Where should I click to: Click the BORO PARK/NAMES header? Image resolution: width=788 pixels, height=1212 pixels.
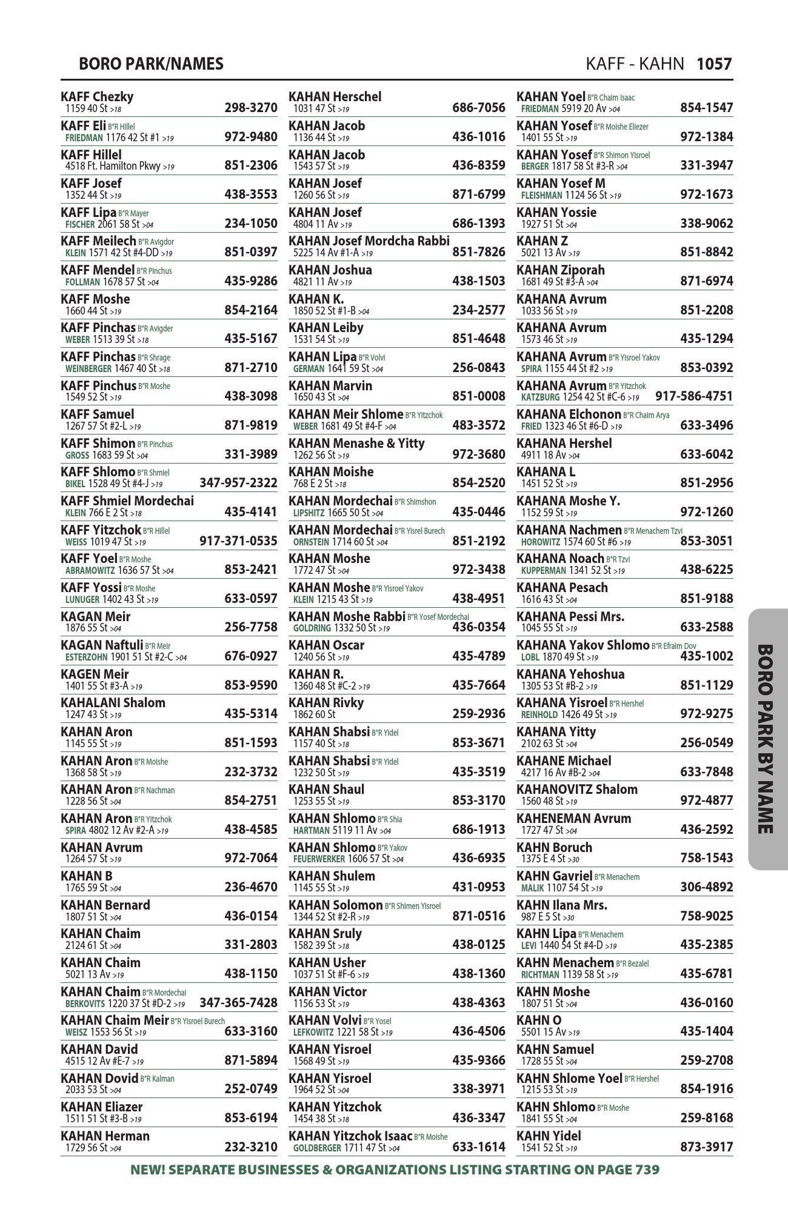tap(151, 64)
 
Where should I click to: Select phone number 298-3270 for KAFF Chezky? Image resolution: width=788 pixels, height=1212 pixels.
tap(250, 108)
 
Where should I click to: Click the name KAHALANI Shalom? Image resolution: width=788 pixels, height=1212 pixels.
tap(113, 703)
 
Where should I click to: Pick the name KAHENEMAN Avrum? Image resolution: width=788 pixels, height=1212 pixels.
tap(573, 819)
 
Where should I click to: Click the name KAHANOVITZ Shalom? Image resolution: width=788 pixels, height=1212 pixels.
tap(576, 790)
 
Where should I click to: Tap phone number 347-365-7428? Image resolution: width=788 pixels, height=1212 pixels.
tap(238, 1003)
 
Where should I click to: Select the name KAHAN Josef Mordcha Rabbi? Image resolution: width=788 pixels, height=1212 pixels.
tap(369, 241)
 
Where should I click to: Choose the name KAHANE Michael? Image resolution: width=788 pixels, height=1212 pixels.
tap(564, 761)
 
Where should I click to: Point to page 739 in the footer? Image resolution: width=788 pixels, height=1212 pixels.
tap(646, 1170)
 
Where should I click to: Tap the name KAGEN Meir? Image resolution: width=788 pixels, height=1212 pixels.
tap(95, 674)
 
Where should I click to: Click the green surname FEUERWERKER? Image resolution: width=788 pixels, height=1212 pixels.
tap(319, 859)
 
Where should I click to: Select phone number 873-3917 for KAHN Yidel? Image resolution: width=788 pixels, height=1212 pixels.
tap(706, 1147)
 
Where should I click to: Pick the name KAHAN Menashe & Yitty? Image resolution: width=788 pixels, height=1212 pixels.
tap(356, 444)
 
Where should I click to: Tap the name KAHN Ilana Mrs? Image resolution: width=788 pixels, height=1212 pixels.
tap(561, 905)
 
